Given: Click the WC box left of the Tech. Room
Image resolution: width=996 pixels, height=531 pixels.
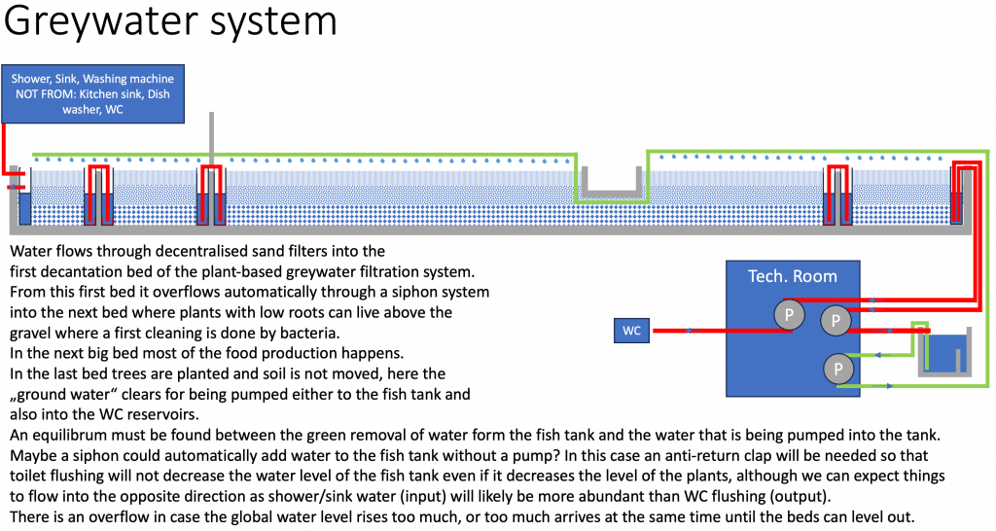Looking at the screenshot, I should click(x=632, y=332).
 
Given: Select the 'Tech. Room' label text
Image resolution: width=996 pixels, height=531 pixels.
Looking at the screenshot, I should click(x=792, y=276).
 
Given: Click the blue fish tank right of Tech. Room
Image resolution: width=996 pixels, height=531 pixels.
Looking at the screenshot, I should click(x=945, y=351).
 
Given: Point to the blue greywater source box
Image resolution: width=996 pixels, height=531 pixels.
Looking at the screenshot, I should click(x=92, y=93).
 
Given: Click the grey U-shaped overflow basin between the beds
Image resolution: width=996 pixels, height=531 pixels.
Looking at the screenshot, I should click(x=611, y=183).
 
